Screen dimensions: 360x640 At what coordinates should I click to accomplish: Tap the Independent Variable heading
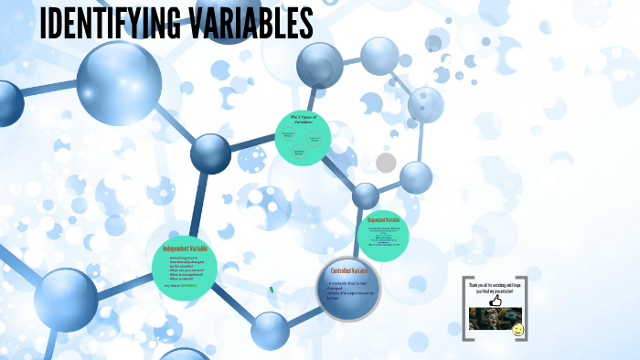click(191, 249)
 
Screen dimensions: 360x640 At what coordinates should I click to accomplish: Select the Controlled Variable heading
click(348, 270)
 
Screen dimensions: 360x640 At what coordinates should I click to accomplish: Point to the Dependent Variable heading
click(383, 220)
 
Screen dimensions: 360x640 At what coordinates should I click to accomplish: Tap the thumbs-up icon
click(496, 299)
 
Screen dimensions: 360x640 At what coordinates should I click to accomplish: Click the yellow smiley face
click(518, 329)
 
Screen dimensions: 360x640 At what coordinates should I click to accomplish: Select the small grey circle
click(386, 163)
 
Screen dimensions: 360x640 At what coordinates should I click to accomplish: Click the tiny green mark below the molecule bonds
click(272, 291)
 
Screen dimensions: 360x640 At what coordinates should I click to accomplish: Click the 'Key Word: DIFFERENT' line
click(187, 286)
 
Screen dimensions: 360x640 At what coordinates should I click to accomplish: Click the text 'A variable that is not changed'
click(347, 287)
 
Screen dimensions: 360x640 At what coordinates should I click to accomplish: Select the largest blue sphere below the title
click(118, 83)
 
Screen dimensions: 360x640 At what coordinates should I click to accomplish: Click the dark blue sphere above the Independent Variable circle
click(210, 153)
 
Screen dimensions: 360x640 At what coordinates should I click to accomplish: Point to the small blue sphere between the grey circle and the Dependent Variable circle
click(366, 196)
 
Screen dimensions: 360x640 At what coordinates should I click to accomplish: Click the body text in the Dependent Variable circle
click(382, 235)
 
